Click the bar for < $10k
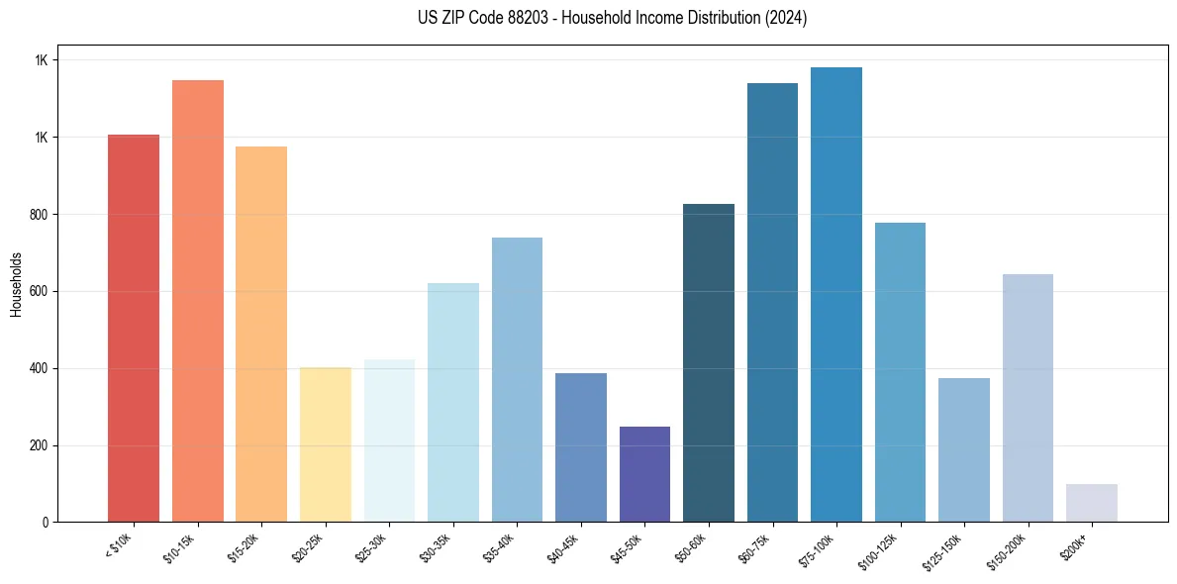point(134,328)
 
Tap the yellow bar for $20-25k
point(326,444)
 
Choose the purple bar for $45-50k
point(645,474)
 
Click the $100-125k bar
point(900,372)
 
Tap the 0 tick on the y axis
point(45,522)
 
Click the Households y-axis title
point(17,284)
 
